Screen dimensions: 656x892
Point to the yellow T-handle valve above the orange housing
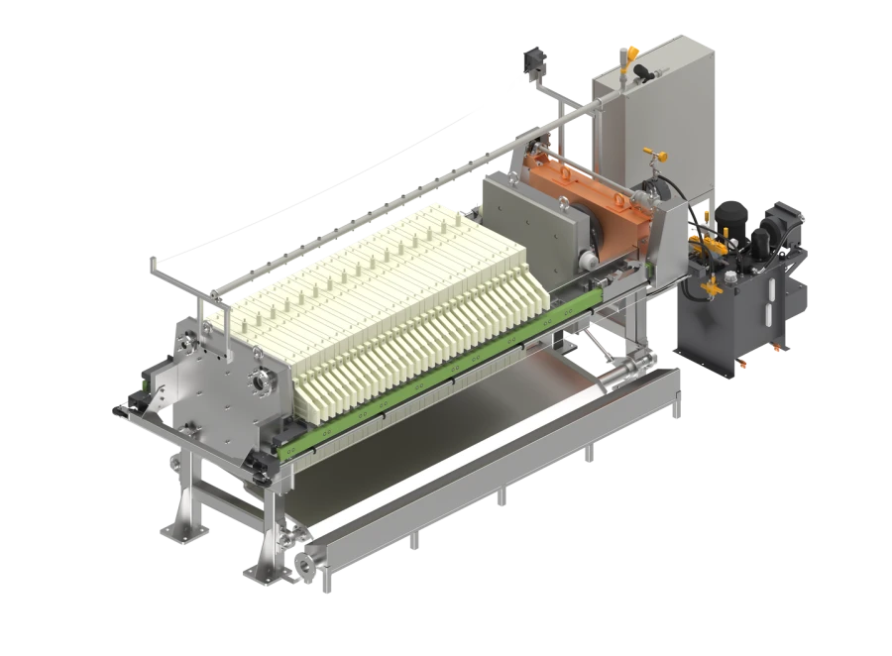point(651,156)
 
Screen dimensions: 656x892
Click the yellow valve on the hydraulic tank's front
point(708,289)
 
